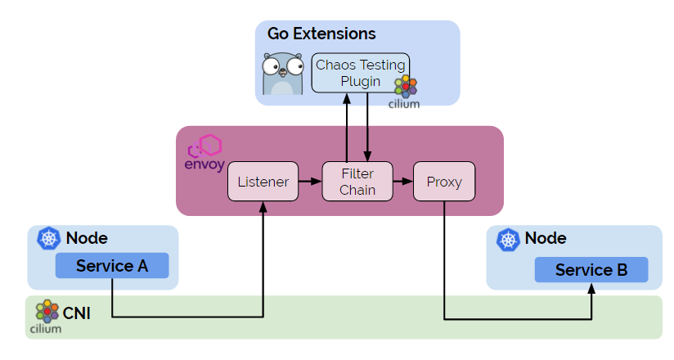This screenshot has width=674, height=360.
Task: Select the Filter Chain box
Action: (357, 182)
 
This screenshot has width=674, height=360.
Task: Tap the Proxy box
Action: (444, 182)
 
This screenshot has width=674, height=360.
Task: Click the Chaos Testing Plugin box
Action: (361, 73)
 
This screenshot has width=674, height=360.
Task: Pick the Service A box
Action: (111, 266)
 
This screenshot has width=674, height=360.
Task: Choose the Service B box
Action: (591, 270)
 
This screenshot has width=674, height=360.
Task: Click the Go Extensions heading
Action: (321, 34)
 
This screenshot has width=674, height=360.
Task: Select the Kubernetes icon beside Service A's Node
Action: (50, 239)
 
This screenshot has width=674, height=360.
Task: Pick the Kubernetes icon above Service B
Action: (509, 239)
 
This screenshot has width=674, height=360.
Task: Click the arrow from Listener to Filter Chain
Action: (308, 182)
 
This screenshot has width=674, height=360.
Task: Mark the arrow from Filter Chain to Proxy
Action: (403, 182)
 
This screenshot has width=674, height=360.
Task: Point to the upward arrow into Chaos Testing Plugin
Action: (348, 127)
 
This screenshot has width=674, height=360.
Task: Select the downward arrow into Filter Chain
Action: (368, 127)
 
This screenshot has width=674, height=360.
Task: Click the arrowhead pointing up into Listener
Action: (263, 209)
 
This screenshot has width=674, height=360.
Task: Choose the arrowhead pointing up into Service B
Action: (591, 288)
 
